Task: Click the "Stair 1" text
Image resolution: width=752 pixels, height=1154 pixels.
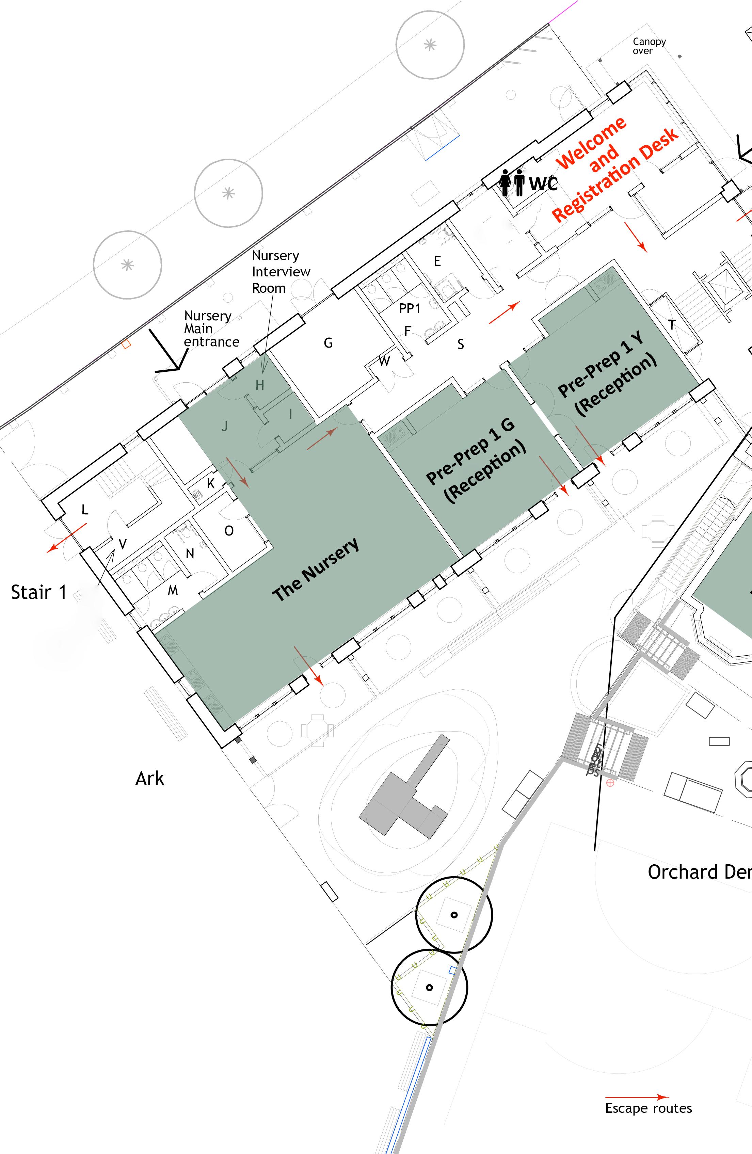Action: pyautogui.click(x=39, y=593)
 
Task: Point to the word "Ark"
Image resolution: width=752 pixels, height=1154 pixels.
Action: pyautogui.click(x=150, y=779)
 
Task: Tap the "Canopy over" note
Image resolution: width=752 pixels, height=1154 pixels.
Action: pyautogui.click(x=649, y=46)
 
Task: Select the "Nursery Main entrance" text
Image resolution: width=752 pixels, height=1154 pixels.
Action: pyautogui.click(x=211, y=329)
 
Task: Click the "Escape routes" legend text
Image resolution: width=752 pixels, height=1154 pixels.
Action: pyautogui.click(x=648, y=1108)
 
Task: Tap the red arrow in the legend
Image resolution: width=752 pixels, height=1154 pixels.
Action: pyautogui.click(x=637, y=1097)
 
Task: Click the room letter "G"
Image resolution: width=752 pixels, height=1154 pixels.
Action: pyautogui.click(x=328, y=343)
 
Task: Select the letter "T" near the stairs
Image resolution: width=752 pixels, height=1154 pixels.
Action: pyautogui.click(x=672, y=325)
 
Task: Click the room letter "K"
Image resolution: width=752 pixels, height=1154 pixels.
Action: pyautogui.click(x=210, y=483)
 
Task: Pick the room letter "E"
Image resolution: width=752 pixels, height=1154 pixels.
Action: pyautogui.click(x=437, y=261)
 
